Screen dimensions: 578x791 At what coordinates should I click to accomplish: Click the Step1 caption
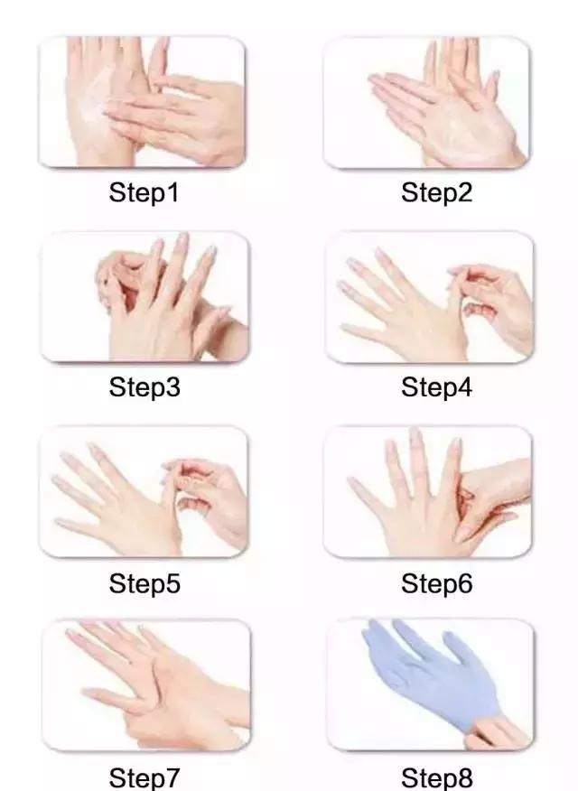tap(144, 193)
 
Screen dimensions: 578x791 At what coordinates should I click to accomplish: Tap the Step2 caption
tap(436, 193)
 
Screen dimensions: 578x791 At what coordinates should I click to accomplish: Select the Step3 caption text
tap(144, 387)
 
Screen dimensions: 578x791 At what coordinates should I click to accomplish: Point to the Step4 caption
tap(436, 387)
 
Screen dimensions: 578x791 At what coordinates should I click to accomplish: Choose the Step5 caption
tap(144, 583)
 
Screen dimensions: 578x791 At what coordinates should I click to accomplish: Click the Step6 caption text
tap(437, 583)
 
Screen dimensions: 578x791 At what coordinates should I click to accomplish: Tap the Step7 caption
tap(144, 777)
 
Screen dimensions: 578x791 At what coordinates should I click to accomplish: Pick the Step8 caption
tap(437, 777)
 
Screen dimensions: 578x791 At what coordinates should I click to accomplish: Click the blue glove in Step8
tap(429, 671)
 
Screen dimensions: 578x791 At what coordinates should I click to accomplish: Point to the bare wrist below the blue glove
tap(497, 731)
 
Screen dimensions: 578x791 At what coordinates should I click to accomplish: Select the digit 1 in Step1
tap(173, 192)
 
